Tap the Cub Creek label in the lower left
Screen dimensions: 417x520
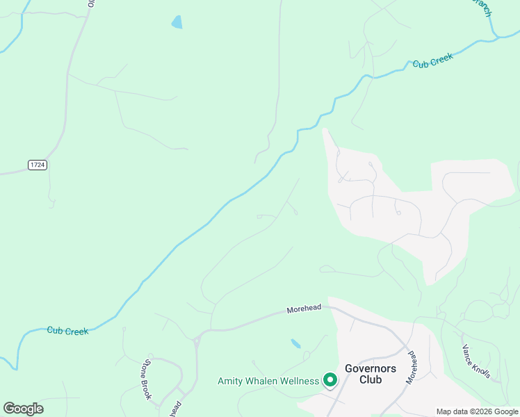point(67,331)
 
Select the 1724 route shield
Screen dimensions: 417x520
point(38,165)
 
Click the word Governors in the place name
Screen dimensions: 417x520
point(371,368)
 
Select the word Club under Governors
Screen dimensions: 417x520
point(371,379)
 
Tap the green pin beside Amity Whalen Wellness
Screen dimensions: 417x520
point(330,379)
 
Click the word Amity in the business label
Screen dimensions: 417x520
point(231,381)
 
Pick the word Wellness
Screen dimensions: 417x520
point(301,381)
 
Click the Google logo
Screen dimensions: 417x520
point(23,409)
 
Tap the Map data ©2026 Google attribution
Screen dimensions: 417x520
point(477,411)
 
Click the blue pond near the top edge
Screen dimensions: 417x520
point(177,22)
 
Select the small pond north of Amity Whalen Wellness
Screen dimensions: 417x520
point(295,343)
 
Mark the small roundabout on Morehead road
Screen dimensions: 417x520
point(197,341)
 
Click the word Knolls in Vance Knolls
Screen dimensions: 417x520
point(482,368)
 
